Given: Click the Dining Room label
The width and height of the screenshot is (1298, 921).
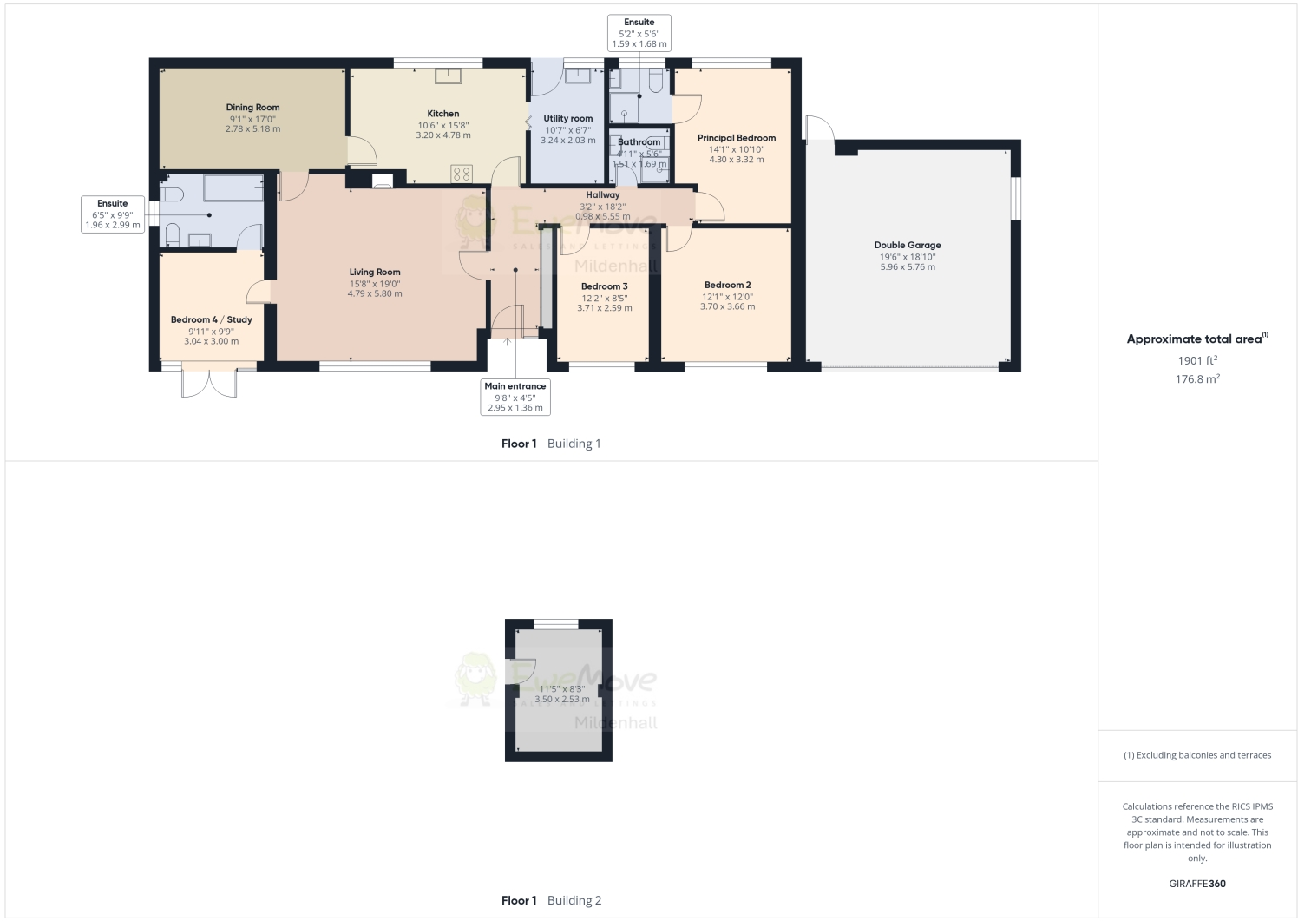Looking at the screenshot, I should pyautogui.click(x=252, y=108).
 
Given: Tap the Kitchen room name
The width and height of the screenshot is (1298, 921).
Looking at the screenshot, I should pyautogui.click(x=442, y=114).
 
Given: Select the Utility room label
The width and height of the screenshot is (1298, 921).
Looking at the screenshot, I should pyautogui.click(x=568, y=119).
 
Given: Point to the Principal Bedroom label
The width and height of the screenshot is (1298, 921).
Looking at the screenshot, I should pyautogui.click(x=736, y=138).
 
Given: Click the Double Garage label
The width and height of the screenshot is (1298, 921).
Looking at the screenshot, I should pyautogui.click(x=908, y=246).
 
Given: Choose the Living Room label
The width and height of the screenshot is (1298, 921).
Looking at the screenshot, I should pyautogui.click(x=375, y=273).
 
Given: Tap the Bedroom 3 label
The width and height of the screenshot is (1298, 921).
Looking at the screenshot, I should pyautogui.click(x=604, y=286).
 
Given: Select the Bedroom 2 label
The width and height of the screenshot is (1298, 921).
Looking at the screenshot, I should pyautogui.click(x=727, y=285).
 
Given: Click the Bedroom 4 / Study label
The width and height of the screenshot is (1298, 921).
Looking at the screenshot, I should pyautogui.click(x=211, y=319).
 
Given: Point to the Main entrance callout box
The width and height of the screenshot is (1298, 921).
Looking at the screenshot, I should pyautogui.click(x=515, y=397).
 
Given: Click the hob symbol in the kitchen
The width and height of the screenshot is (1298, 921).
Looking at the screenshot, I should pyautogui.click(x=462, y=174).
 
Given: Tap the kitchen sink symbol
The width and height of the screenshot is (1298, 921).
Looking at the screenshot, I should pyautogui.click(x=448, y=75).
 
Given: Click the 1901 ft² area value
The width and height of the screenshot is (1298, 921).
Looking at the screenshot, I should pyautogui.click(x=1197, y=360).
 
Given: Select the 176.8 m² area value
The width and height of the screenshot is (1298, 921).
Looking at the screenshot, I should pyautogui.click(x=1197, y=379).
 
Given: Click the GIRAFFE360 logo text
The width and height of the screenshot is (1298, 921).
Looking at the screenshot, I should pyautogui.click(x=1197, y=884).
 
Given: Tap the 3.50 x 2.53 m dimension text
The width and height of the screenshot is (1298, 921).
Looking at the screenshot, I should pyautogui.click(x=561, y=699).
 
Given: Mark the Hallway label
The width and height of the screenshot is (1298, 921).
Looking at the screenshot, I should pyautogui.click(x=602, y=195).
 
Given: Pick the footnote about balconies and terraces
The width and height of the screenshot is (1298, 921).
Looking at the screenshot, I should pyautogui.click(x=1197, y=755).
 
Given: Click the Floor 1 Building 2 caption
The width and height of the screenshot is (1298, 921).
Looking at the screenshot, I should pyautogui.click(x=551, y=900).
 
